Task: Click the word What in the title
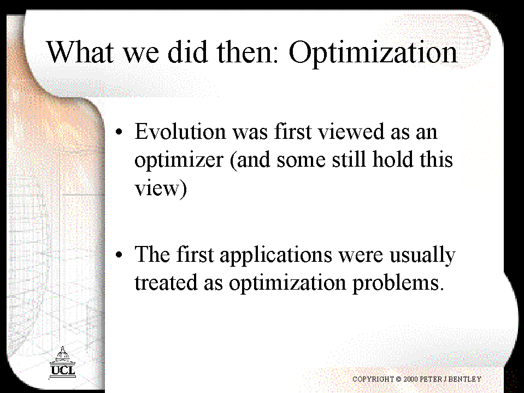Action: point(80,52)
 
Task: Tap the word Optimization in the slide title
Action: point(373,54)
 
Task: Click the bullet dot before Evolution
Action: point(119,132)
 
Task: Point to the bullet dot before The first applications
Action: point(119,255)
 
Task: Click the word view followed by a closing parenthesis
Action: point(161,189)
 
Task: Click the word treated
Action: point(166,282)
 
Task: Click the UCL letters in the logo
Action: point(63,371)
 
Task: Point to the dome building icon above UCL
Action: point(62,355)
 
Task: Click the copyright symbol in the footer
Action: point(398,379)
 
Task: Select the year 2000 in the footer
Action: point(411,379)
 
